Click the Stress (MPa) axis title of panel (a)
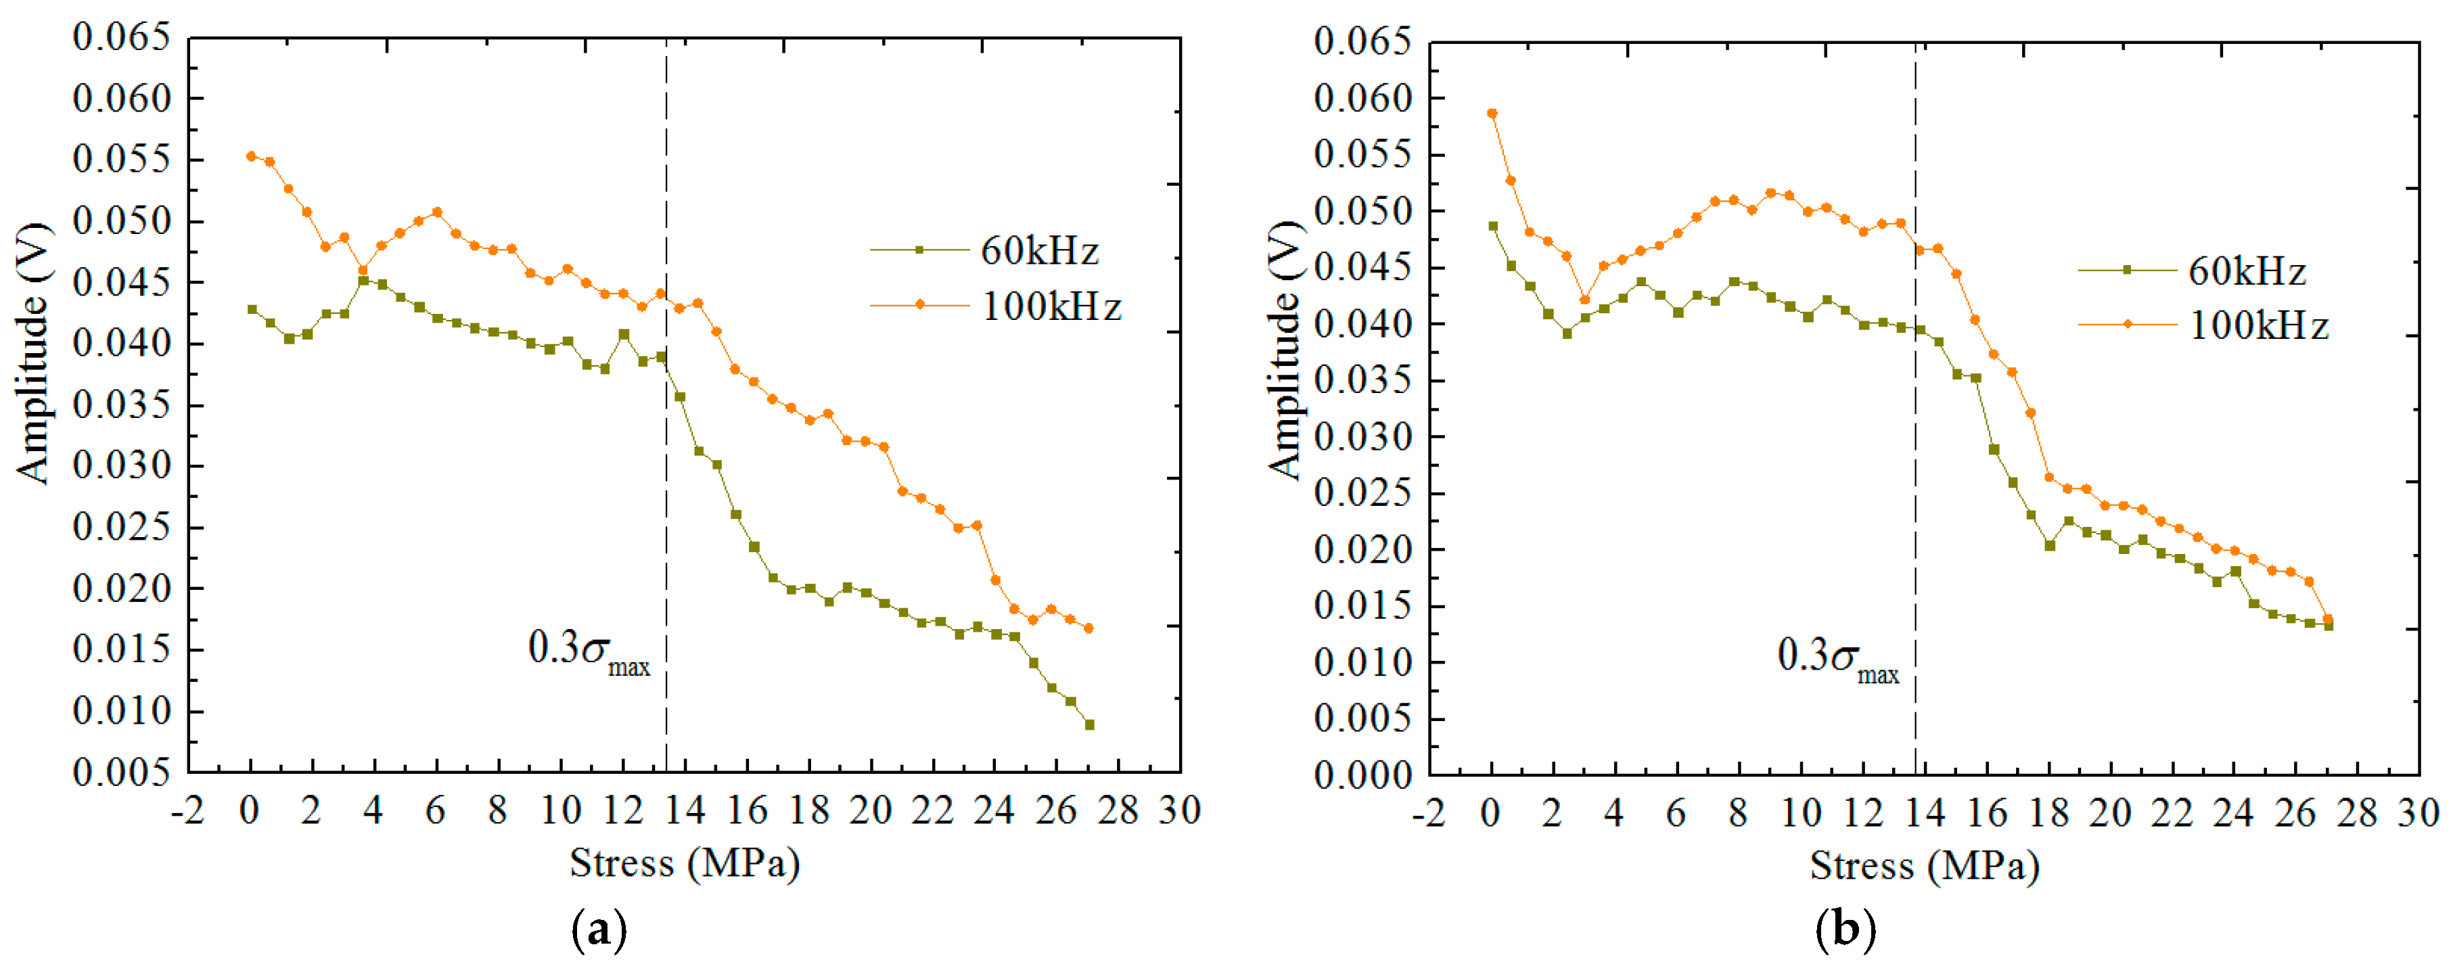(685, 863)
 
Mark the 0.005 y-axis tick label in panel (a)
(122, 772)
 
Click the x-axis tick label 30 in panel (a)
(1179, 811)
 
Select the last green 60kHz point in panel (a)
(1089, 724)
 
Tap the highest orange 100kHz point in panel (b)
(1492, 113)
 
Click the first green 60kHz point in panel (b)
(1492, 227)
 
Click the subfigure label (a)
(599, 929)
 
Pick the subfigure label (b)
(1845, 929)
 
